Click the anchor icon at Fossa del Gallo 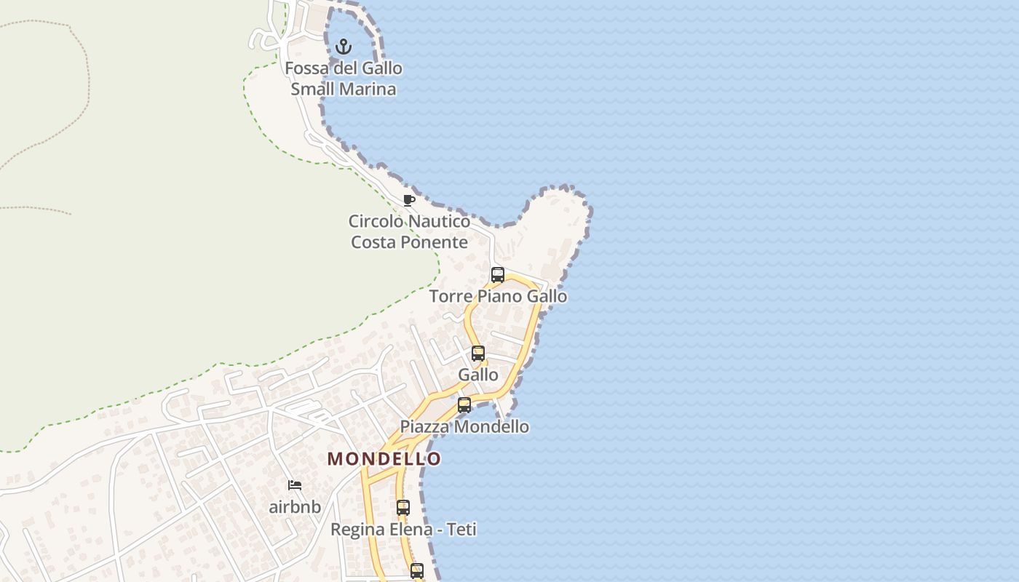(343, 48)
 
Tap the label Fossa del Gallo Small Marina (344, 79)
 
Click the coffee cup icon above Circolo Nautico (409, 200)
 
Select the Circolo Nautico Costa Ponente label (409, 231)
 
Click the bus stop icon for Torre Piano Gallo (498, 275)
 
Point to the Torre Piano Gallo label (498, 297)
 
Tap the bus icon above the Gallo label (478, 354)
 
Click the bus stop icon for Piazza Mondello (464, 405)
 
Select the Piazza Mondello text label (464, 426)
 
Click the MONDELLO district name (384, 459)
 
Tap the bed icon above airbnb (295, 485)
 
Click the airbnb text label (295, 507)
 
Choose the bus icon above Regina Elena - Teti (403, 508)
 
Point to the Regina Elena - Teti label (403, 530)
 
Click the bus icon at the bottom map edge (417, 571)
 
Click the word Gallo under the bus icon (478, 375)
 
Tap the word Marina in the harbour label (370, 89)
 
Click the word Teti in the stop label (461, 530)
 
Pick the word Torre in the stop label (450, 297)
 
